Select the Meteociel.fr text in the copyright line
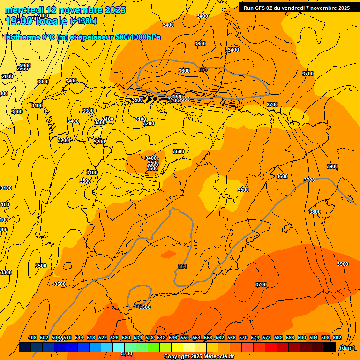[x=217, y=357]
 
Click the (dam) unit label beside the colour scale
[x=347, y=348]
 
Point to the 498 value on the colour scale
[x=32, y=337]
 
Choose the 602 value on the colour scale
[x=337, y=337]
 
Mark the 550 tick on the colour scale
[x=185, y=337]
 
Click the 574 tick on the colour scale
[x=255, y=337]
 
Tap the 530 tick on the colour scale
[x=126, y=337]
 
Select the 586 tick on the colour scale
[x=290, y=337]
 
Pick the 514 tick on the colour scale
[x=79, y=337]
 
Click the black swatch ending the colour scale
[x=330, y=347]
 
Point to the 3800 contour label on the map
[x=315, y=212]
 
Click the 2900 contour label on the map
[x=25, y=66]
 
